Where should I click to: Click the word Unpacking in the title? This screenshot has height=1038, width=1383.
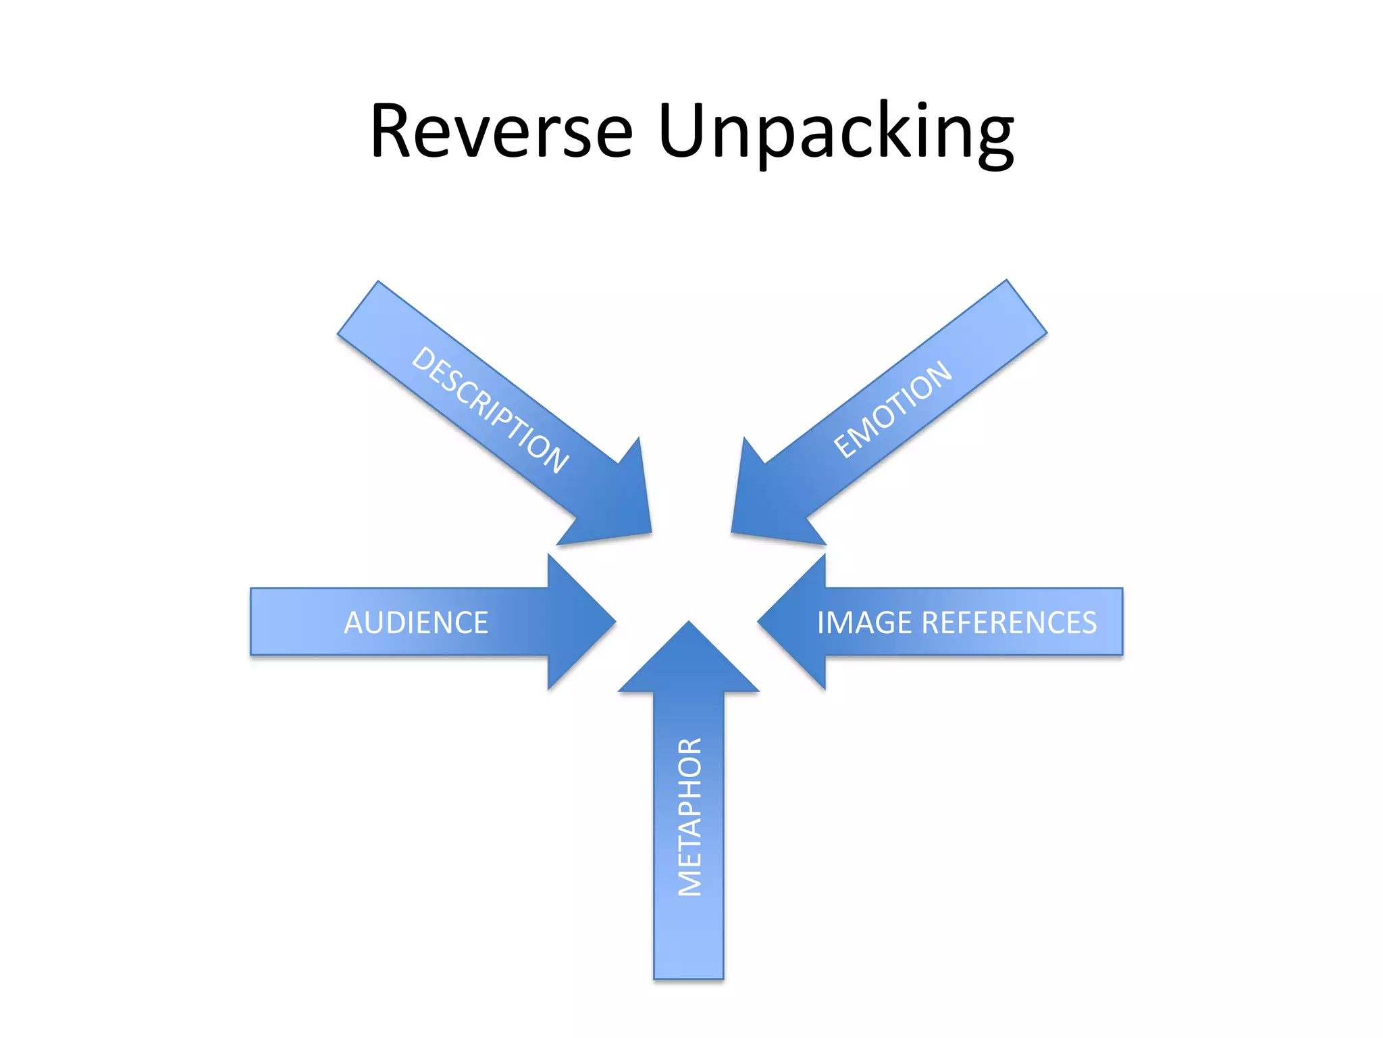[835, 131]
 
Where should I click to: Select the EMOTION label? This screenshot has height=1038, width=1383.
[893, 410]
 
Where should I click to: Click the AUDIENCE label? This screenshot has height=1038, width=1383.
[416, 622]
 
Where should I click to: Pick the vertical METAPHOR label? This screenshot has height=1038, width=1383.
[689, 817]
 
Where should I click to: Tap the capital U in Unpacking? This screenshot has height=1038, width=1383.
[683, 131]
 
